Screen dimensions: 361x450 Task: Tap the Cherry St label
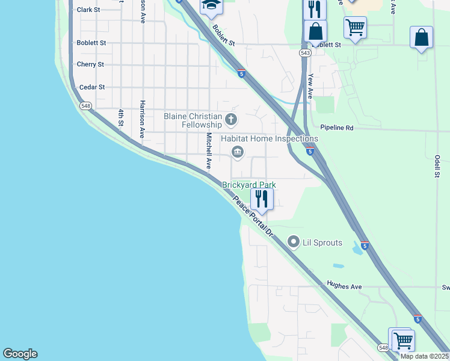pos(90,64)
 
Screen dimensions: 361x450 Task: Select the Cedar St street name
pos(92,87)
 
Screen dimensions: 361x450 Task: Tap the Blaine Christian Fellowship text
pos(193,120)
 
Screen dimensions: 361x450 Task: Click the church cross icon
pos(230,120)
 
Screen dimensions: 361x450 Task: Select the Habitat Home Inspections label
pos(269,138)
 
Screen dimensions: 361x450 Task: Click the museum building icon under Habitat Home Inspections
pos(238,152)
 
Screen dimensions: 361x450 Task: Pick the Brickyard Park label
pos(249,185)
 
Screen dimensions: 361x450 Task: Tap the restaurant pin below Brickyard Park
pos(262,198)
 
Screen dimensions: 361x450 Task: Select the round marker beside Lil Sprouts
pos(294,242)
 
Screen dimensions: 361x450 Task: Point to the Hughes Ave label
pos(344,286)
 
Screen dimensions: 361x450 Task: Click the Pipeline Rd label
pos(337,128)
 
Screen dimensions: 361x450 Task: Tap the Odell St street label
pos(437,165)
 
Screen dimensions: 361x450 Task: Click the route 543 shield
pos(306,53)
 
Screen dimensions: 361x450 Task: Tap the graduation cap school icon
pos(211,6)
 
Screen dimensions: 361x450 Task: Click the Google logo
pos(20,354)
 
